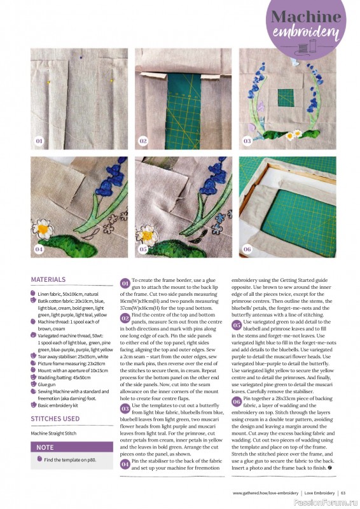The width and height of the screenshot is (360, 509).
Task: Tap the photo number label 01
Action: tap(39, 141)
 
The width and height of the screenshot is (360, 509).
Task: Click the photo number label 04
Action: tap(39, 249)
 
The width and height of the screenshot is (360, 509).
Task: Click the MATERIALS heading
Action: tap(48, 279)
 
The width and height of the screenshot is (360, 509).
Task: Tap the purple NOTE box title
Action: tap(45, 447)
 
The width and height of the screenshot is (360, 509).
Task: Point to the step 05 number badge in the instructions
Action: tap(237, 307)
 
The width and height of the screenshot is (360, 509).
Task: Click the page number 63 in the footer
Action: tap(343, 492)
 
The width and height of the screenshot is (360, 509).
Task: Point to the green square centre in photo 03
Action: tap(286, 97)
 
